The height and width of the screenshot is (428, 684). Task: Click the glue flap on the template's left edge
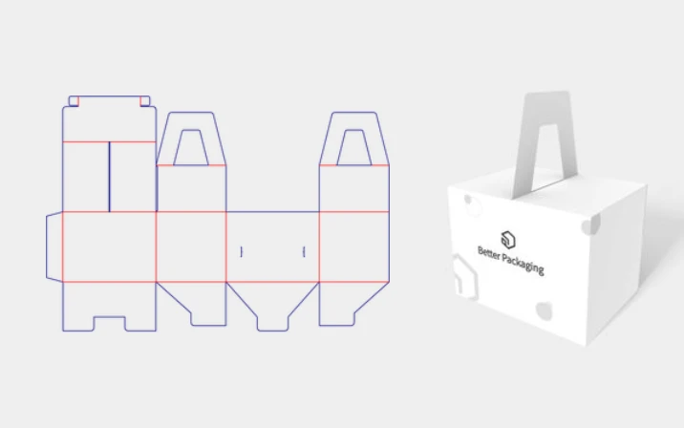tap(53, 246)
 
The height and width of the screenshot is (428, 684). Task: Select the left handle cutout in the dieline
tap(191, 146)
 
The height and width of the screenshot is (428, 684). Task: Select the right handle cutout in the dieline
tap(353, 146)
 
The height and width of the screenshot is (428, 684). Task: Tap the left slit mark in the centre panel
tap(242, 252)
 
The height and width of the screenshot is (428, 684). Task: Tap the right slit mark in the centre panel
tap(303, 252)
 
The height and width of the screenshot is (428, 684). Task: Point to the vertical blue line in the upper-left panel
tap(109, 177)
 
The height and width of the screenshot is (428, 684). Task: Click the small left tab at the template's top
tap(74, 100)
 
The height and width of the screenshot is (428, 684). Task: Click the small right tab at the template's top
tap(146, 100)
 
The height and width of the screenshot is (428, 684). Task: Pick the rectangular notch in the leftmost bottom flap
tap(109, 323)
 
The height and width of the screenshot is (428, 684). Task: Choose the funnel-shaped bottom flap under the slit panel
tap(272, 304)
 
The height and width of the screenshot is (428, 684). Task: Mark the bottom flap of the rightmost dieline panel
tap(353, 301)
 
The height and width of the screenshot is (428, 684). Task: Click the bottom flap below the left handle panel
tap(191, 301)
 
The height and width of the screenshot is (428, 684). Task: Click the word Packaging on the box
tap(524, 264)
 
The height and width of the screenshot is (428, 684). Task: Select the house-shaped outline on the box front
tap(465, 276)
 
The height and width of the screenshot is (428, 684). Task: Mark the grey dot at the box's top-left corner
tap(470, 201)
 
